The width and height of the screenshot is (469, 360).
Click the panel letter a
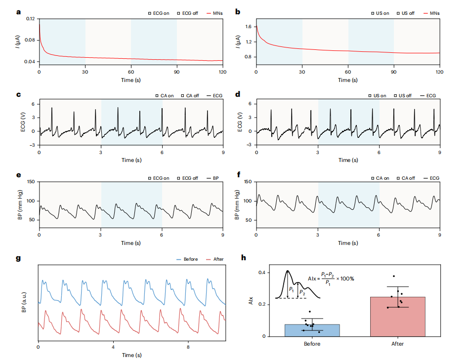pos(19,11)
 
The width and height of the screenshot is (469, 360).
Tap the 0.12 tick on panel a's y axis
pos(31,19)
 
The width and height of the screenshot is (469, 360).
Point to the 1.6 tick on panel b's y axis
pos(247,27)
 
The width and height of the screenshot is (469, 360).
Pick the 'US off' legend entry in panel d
pos(402,95)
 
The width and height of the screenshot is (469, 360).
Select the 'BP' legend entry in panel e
pos(216,178)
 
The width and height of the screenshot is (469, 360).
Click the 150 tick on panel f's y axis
pos(247,182)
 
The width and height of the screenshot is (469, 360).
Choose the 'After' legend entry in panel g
pos(216,259)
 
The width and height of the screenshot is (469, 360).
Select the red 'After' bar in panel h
pos(397,317)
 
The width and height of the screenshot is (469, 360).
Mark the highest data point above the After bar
pos(394,276)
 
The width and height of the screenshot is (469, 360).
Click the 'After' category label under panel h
pos(397,344)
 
